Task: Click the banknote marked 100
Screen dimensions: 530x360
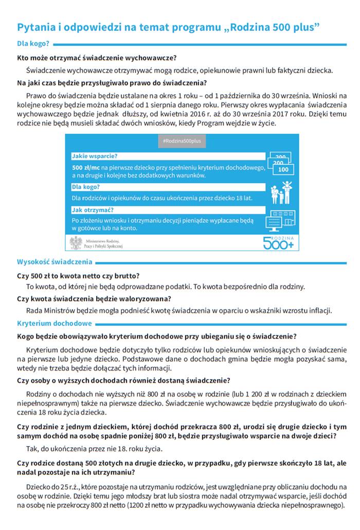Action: click(x=282, y=169)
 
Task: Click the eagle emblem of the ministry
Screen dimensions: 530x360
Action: click(x=76, y=243)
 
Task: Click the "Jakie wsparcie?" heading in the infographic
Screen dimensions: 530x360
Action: click(x=95, y=156)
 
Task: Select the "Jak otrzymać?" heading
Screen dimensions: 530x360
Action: click(x=93, y=210)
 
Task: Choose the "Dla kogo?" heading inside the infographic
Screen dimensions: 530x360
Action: click(x=85, y=187)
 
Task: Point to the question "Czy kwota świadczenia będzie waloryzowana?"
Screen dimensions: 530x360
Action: click(x=94, y=298)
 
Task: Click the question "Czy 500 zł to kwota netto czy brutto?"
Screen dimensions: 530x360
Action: click(x=79, y=276)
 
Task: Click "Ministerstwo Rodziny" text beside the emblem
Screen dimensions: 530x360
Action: click(x=103, y=240)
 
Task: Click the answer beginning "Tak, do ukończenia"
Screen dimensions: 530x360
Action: click(x=87, y=448)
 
